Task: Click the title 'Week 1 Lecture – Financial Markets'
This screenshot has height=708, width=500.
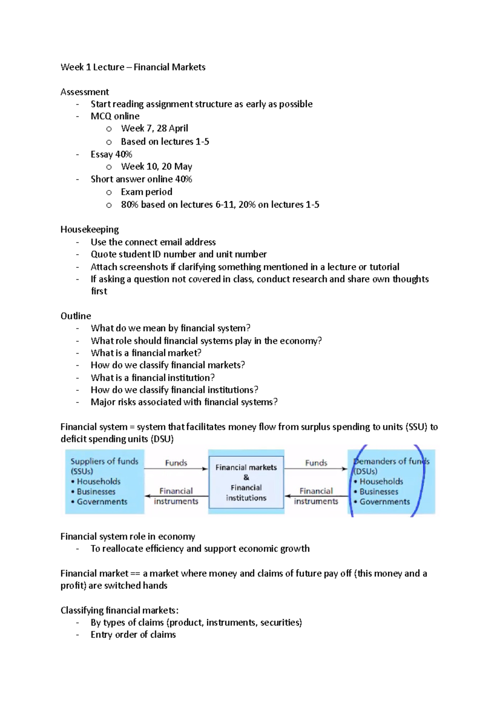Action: pyautogui.click(x=133, y=67)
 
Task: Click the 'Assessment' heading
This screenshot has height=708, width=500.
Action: pyautogui.click(x=85, y=92)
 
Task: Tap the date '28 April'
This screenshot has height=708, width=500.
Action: pyautogui.click(x=172, y=128)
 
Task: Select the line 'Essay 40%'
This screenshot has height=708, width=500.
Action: pyautogui.click(x=111, y=154)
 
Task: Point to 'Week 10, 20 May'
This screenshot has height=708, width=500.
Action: pyautogui.click(x=156, y=166)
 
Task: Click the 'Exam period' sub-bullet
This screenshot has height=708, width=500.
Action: pyautogui.click(x=146, y=192)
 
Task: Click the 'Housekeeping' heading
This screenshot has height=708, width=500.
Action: pyautogui.click(x=90, y=229)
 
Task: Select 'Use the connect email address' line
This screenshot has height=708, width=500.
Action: pyautogui.click(x=153, y=242)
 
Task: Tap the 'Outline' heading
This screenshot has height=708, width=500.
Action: pyautogui.click(x=75, y=316)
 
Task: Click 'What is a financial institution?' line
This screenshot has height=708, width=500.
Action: pyautogui.click(x=152, y=377)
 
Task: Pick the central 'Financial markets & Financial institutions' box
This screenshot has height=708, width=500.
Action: pyautogui.click(x=246, y=482)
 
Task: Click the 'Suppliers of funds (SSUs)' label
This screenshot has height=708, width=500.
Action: pyautogui.click(x=104, y=466)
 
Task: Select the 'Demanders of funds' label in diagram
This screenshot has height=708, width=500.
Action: pyautogui.click(x=391, y=462)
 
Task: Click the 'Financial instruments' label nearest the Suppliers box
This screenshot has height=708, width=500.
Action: pyautogui.click(x=176, y=496)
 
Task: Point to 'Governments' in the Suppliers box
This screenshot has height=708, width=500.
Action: pyautogui.click(x=102, y=502)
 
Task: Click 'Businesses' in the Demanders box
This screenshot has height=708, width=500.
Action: pyautogui.click(x=379, y=492)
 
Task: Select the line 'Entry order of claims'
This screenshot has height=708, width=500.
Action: pyautogui.click(x=133, y=635)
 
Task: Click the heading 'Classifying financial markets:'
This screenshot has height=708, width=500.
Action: pyautogui.click(x=119, y=610)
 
